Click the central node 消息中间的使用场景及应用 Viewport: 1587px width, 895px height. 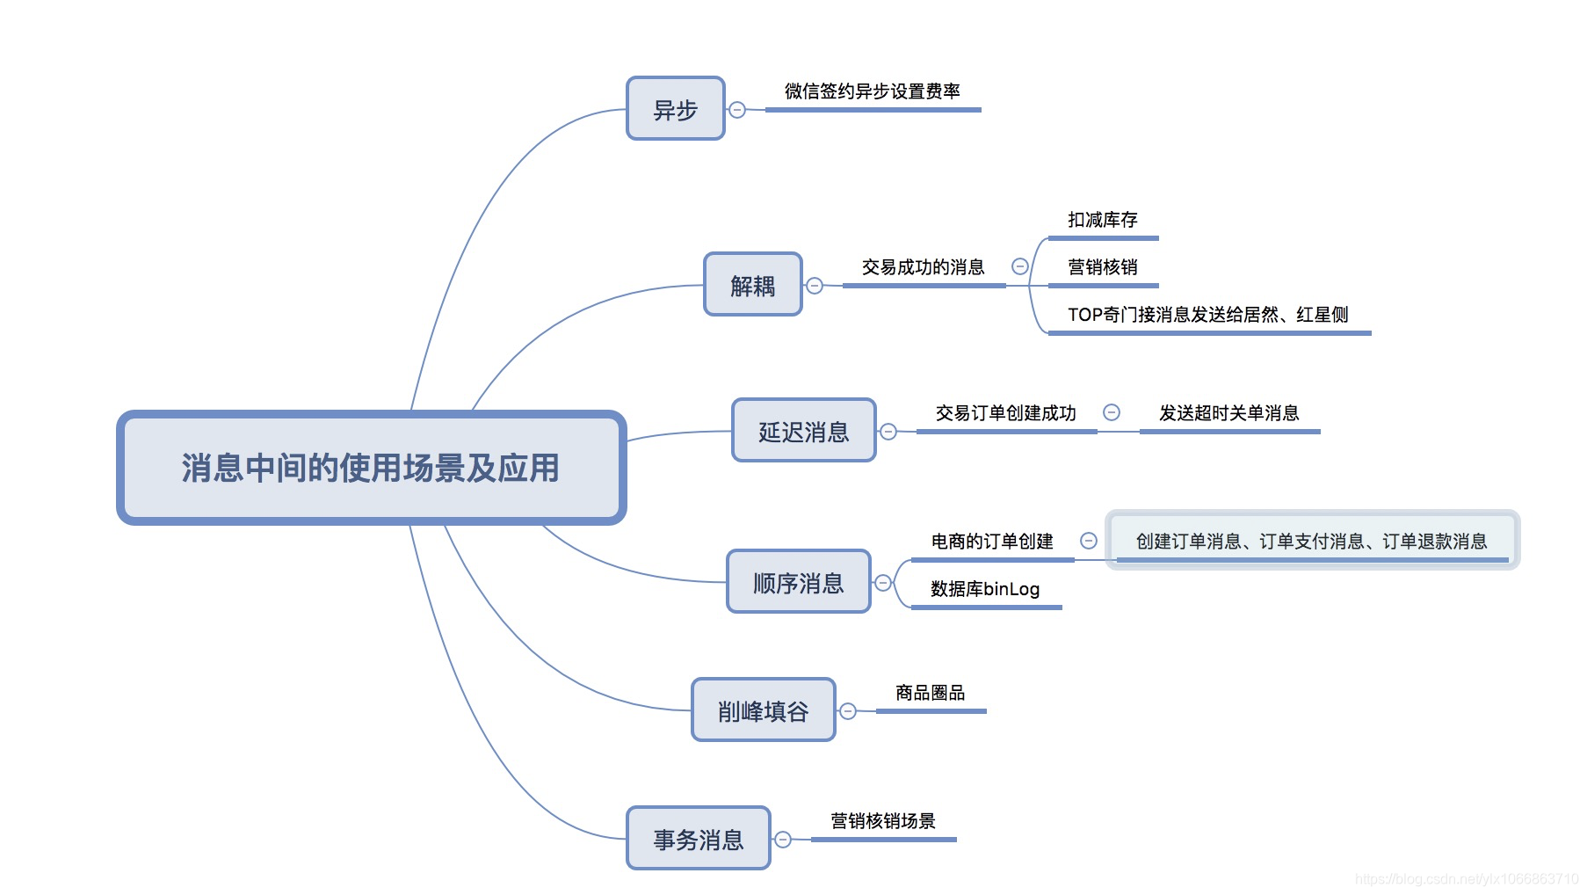pos(371,468)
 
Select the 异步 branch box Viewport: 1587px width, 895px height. pos(675,109)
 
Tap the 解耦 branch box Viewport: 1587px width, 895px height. pos(752,285)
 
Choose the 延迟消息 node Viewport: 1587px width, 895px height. pos(803,431)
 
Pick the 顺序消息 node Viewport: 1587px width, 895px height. pos(798,582)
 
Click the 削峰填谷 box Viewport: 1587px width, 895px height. pos(763,710)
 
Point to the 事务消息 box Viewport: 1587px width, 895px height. pos(698,839)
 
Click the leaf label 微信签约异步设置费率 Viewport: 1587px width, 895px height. pos(872,91)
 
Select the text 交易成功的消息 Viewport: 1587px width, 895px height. pos(923,267)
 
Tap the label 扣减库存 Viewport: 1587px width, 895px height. pos(1102,220)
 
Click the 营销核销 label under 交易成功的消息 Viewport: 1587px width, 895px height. pos(1102,267)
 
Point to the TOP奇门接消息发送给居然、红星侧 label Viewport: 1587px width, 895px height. pos(1207,315)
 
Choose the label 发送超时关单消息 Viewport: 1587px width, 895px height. pos(1228,413)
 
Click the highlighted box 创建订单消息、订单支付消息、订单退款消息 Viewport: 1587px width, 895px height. pos(1311,541)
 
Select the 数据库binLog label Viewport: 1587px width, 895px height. pos(985,589)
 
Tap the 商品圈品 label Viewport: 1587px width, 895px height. pos(930,693)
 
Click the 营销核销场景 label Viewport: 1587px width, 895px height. pos(882,821)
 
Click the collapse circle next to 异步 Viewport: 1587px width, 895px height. pos(737,110)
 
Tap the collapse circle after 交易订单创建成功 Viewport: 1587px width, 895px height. pos(1112,412)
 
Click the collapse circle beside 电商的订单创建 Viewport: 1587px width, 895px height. pos(1089,541)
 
